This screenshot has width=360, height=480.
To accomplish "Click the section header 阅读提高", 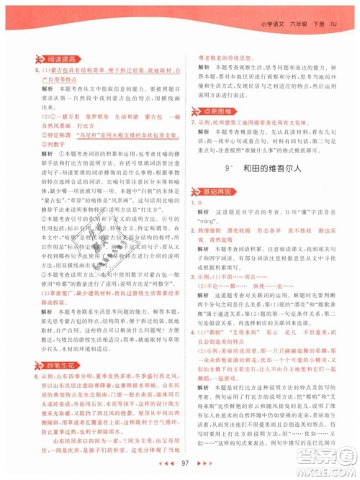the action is (x=42, y=58).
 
